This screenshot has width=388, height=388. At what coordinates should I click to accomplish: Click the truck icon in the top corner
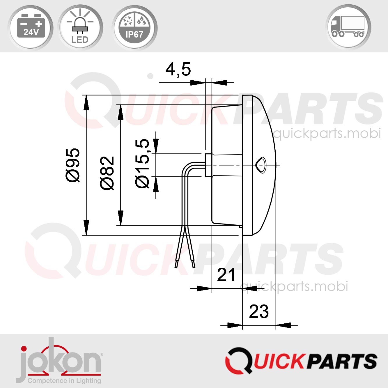[x=348, y=27]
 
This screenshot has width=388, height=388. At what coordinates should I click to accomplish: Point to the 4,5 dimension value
[x=178, y=70]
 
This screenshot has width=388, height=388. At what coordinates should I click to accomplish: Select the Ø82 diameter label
[x=107, y=173]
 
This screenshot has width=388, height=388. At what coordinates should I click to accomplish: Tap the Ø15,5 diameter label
[x=142, y=163]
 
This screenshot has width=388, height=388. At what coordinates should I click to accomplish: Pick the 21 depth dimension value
[x=226, y=275]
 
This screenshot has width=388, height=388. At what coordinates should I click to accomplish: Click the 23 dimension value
[x=259, y=312]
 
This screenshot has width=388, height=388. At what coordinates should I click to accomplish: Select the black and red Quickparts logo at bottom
[x=301, y=361]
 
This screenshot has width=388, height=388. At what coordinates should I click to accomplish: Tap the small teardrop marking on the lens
[x=261, y=165]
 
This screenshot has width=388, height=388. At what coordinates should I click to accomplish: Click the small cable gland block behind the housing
[x=208, y=165]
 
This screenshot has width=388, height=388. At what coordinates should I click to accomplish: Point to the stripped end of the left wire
[x=176, y=264]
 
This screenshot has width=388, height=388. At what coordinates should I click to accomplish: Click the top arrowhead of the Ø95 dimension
[x=86, y=102]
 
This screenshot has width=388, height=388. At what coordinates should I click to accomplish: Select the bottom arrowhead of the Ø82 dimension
[x=120, y=219]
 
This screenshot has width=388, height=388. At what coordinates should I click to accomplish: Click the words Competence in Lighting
[x=64, y=381]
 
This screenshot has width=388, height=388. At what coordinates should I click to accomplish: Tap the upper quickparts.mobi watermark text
[x=327, y=133]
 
